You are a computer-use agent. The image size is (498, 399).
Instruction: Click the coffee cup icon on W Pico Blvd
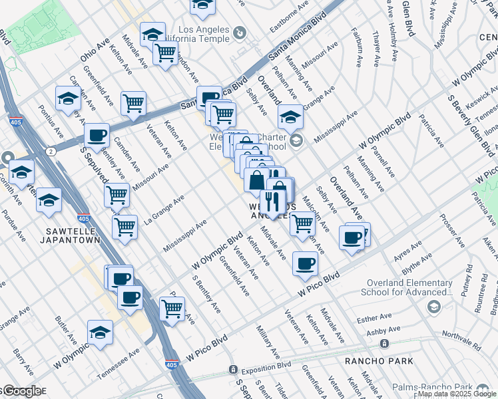pyautogui.click(x=305, y=263)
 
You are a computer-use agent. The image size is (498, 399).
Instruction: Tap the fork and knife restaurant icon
pyautogui.click(x=272, y=201)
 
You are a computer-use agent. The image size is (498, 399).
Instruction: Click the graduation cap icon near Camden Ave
pyautogui.click(x=68, y=100)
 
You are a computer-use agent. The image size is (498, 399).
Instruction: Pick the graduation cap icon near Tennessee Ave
pyautogui.click(x=101, y=331)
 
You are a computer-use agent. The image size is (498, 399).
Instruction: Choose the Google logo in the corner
pyautogui.click(x=21, y=391)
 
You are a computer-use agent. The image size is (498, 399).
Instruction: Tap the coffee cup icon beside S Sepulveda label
pyautogui.click(x=97, y=136)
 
